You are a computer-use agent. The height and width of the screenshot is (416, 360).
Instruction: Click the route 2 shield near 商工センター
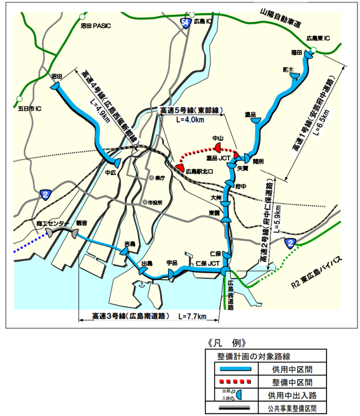[x=46, y=195]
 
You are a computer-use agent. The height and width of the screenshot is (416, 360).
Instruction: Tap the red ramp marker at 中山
[x=219, y=146]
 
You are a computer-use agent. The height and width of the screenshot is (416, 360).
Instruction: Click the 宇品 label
[x=173, y=263]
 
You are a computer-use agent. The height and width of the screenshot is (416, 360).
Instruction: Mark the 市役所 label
[x=154, y=202]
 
